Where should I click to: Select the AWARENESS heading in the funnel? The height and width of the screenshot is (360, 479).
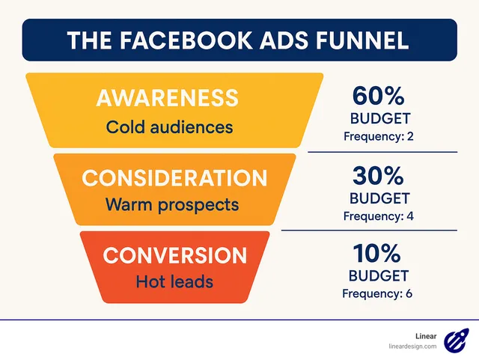[x=167, y=97]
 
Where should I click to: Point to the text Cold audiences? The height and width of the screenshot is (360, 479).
[x=169, y=126]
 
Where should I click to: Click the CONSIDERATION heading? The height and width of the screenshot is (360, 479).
[x=174, y=178]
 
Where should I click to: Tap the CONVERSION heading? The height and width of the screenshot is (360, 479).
[x=174, y=255]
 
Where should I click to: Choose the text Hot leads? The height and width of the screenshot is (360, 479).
[x=174, y=281]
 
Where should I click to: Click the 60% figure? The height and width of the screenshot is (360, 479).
[x=379, y=97]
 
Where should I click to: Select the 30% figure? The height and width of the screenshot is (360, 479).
[x=379, y=176]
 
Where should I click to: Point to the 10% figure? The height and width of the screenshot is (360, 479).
[x=379, y=253]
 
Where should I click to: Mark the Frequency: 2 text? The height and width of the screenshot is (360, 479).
[x=379, y=137]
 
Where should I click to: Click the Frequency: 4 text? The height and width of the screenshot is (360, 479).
[x=379, y=216]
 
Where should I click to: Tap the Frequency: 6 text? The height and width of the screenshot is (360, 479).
[x=378, y=293]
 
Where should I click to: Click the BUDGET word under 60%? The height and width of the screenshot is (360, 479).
[x=379, y=120]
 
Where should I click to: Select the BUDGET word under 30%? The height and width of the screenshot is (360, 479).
[x=379, y=198]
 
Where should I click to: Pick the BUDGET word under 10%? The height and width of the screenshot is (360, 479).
[x=379, y=275]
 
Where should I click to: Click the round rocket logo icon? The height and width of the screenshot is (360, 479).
[x=455, y=341]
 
